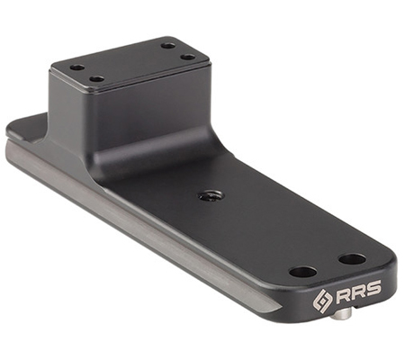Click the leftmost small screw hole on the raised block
tap(77, 67)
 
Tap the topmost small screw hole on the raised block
tap(168, 46)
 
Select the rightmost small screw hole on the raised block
tap(188, 57)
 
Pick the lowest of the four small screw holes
tap(96, 79)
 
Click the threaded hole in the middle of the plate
tap(209, 196)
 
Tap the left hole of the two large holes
tap(302, 273)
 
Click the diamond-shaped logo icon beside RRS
tap(322, 301)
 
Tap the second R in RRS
tap(358, 292)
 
